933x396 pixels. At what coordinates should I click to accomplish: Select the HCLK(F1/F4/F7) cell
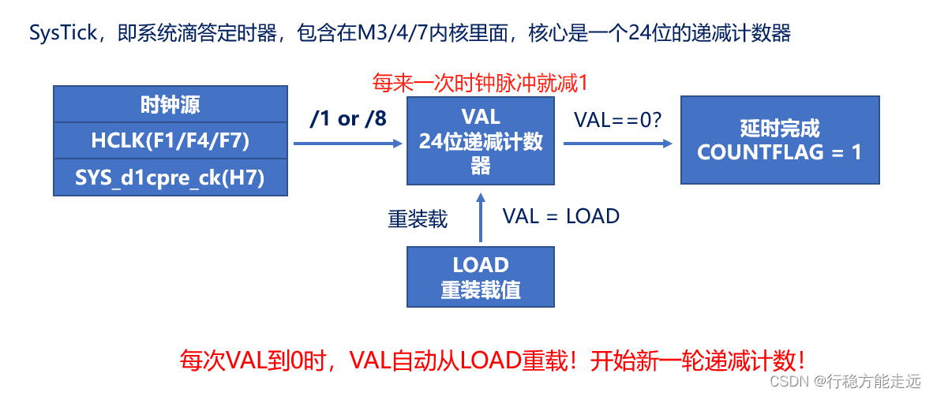coord(170,141)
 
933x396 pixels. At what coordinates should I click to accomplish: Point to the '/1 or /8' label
coord(348,118)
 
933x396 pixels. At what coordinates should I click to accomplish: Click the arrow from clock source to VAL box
coord(347,144)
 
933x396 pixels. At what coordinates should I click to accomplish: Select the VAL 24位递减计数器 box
coord(481,141)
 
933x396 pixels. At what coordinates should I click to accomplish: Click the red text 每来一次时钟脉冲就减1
coord(481,82)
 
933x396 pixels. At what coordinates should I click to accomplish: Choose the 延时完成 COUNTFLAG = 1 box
coord(779,140)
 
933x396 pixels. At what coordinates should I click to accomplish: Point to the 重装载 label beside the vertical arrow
coord(418,219)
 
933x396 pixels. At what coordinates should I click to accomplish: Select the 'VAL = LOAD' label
coord(560,216)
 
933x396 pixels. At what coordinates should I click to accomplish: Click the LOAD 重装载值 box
coord(481,277)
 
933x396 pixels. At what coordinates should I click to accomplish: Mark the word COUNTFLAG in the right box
coord(758,152)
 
